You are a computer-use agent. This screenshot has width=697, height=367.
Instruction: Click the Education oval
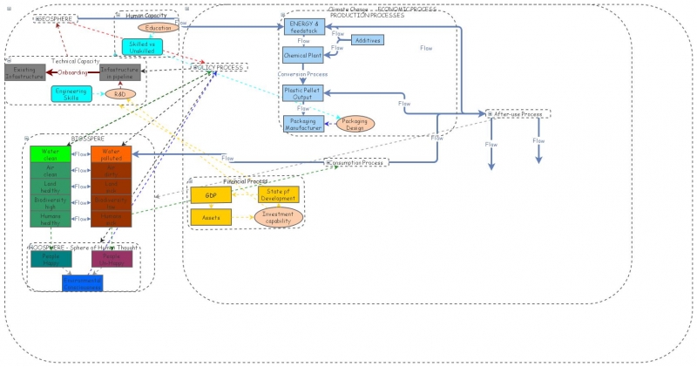[x=159, y=28]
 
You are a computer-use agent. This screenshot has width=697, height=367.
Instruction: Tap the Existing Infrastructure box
[x=24, y=73]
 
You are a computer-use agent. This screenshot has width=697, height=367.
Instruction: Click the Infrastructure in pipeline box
[x=119, y=73]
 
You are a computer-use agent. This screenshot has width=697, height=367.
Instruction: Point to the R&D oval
[x=121, y=93]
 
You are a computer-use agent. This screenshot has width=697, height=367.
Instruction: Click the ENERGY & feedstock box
[x=304, y=27]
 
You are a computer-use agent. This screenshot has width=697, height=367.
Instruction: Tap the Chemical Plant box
[x=303, y=55]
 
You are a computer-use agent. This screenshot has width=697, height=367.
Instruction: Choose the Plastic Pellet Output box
[x=303, y=94]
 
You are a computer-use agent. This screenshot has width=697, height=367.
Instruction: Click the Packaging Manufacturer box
[x=303, y=124]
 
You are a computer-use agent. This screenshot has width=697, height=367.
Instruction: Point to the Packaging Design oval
[x=355, y=124]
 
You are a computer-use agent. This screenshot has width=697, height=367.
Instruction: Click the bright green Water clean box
[x=50, y=154]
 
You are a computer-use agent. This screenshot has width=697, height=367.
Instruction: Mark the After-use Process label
[x=517, y=114]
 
